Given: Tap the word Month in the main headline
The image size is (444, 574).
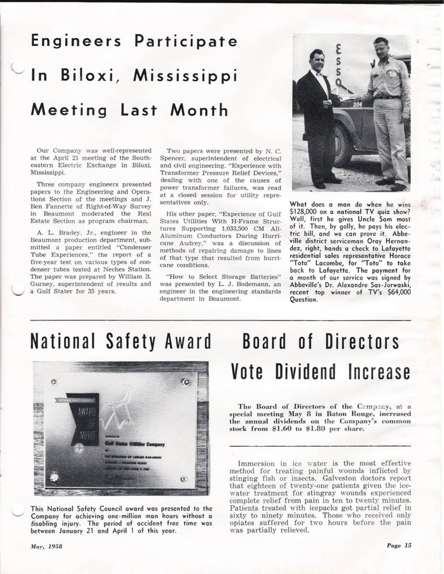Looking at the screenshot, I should (x=199, y=110).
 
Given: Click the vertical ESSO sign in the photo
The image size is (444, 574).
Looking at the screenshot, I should (x=339, y=65).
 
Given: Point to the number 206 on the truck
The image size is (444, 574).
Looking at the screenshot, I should (x=358, y=104).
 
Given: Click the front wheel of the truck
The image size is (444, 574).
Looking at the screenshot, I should (x=343, y=146).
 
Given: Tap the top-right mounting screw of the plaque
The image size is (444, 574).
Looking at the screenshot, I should (x=186, y=382).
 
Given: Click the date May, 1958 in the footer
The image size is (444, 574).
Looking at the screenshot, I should (x=47, y=546).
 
